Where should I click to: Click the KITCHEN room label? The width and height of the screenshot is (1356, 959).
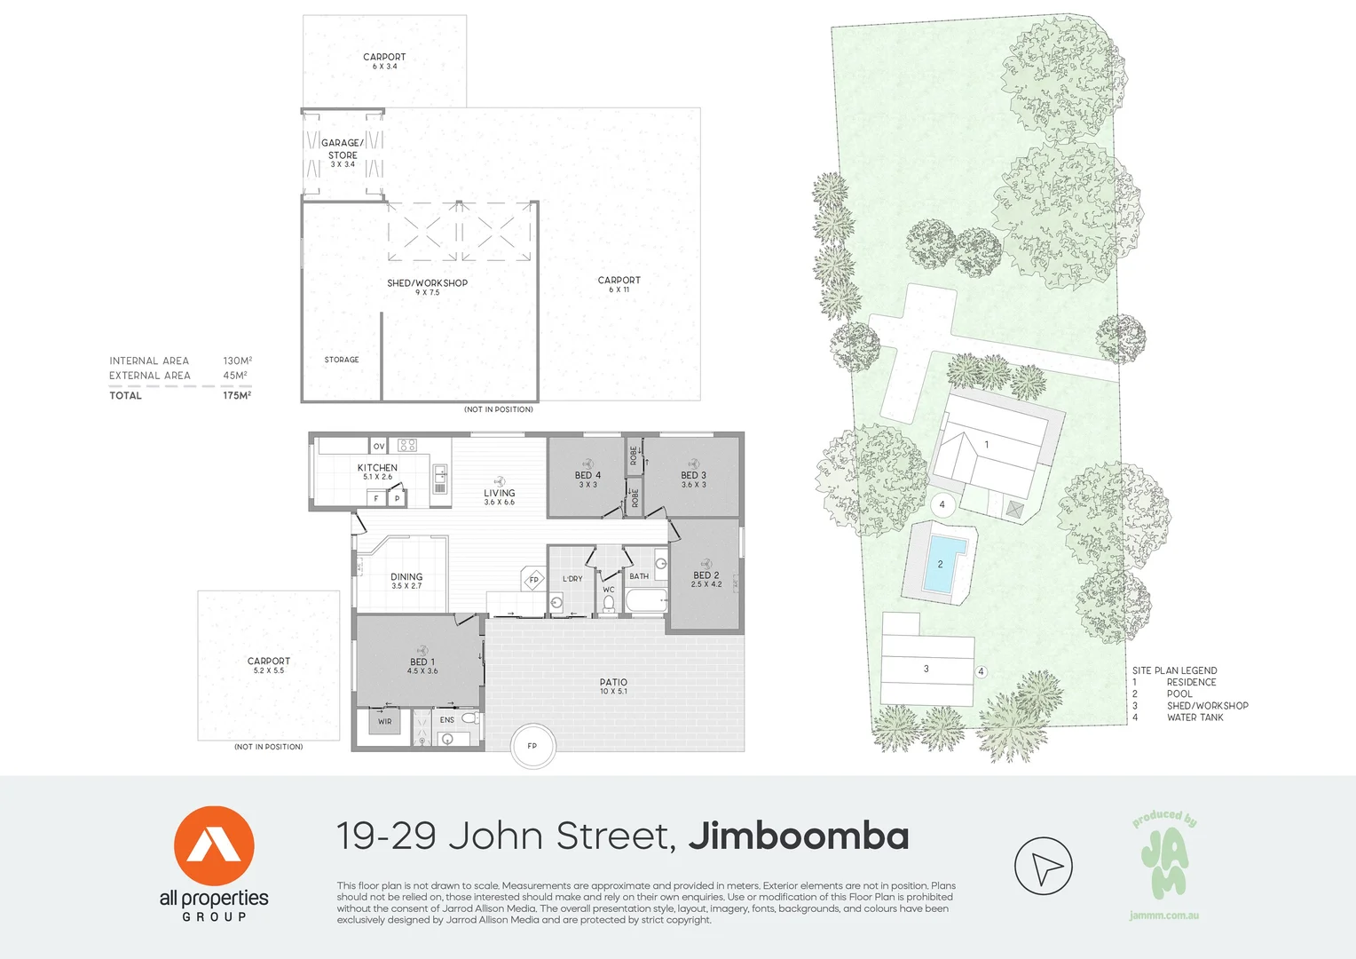pos(377,468)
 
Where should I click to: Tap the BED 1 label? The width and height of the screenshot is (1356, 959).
pos(422,662)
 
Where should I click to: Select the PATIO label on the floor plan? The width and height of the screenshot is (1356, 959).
pos(613,683)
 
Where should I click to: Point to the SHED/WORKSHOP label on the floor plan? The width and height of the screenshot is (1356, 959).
pos(427,283)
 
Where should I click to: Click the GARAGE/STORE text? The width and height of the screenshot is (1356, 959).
pos(343,149)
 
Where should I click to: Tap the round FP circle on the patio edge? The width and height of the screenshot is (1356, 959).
pos(532,746)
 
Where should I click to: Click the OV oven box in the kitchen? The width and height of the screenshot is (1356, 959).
pos(379,446)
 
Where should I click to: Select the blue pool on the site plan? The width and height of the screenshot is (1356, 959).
pos(943,564)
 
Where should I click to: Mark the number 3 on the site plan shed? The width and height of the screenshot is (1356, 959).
pos(926,669)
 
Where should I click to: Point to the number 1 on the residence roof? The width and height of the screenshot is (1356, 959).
pos(987,445)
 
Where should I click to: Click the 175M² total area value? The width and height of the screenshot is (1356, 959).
pos(237,395)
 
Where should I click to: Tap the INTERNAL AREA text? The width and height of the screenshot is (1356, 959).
pos(149,361)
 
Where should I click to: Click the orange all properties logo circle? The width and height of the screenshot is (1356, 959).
pos(214,846)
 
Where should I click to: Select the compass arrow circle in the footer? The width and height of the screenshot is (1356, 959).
pos(1044,866)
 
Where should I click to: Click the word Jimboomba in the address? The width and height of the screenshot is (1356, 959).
pos(799,836)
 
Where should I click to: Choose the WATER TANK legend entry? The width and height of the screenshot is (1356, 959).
pos(1194,717)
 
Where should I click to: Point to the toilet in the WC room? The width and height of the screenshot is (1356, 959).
pos(609,603)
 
